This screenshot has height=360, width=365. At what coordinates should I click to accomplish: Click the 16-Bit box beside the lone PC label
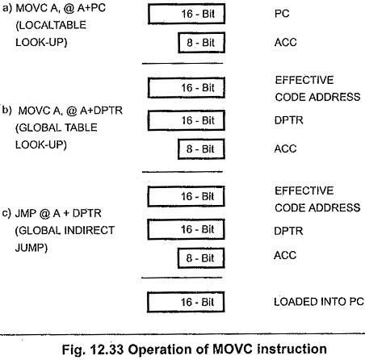(x=187, y=14)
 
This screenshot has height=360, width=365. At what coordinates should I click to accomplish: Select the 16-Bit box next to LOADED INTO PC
(x=186, y=302)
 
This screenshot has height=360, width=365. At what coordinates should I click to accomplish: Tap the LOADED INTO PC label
(x=319, y=302)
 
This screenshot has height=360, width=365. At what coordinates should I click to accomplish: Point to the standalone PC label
(x=282, y=14)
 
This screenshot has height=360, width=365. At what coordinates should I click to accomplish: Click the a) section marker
(x=7, y=8)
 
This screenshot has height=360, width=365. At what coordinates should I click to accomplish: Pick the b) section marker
(x=7, y=110)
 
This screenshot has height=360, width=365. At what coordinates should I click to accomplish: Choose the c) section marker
(x=6, y=213)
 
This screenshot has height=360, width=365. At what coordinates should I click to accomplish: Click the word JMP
(x=26, y=213)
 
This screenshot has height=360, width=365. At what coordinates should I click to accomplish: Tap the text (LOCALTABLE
(x=51, y=25)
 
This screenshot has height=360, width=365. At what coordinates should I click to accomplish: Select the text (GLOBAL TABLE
(x=57, y=128)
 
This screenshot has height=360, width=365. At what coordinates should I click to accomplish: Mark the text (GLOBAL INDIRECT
(x=65, y=230)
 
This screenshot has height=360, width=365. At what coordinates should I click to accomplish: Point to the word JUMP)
(x=31, y=247)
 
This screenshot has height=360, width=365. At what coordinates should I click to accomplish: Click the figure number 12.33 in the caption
(x=107, y=350)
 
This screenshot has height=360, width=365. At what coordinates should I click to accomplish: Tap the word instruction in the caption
(x=292, y=350)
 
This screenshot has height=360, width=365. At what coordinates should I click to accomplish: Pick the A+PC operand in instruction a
(x=91, y=8)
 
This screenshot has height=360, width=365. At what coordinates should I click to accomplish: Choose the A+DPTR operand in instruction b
(x=101, y=111)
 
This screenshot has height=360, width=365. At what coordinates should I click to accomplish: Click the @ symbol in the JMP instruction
(x=44, y=213)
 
